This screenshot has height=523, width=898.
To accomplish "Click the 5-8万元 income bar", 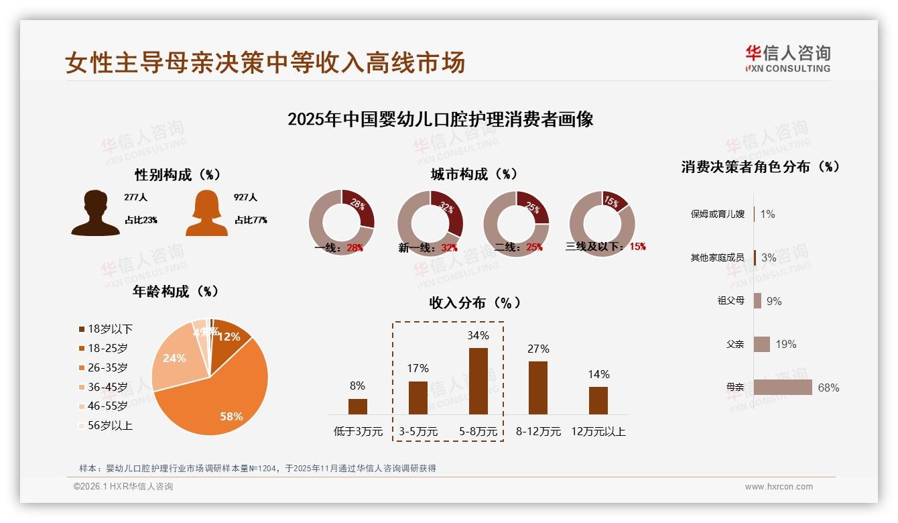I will tap(478, 381).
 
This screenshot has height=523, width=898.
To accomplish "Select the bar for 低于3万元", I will tap(358, 406).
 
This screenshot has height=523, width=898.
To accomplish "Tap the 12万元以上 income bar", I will tap(598, 400).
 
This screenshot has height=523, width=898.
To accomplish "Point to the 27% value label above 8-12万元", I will tap(538, 349).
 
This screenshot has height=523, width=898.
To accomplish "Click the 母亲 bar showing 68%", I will tap(783, 388).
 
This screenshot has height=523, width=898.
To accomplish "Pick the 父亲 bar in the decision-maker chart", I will tap(762, 344).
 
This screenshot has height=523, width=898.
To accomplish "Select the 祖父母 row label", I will tap(730, 301).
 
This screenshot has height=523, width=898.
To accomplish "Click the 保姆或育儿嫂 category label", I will tap(717, 215).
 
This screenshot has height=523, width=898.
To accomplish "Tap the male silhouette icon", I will tap(95, 213).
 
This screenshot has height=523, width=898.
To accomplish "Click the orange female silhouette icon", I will tap(206, 213).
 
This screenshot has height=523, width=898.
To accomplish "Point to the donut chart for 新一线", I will tap(430, 223).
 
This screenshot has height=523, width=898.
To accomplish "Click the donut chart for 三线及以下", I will tap(602, 223).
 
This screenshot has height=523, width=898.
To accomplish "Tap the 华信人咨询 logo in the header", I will tap(787, 58).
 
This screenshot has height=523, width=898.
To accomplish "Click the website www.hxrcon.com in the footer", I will tap(779, 487).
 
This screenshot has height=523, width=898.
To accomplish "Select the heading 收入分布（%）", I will tap(474, 302).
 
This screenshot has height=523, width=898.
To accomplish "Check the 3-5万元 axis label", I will tap(418, 432).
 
